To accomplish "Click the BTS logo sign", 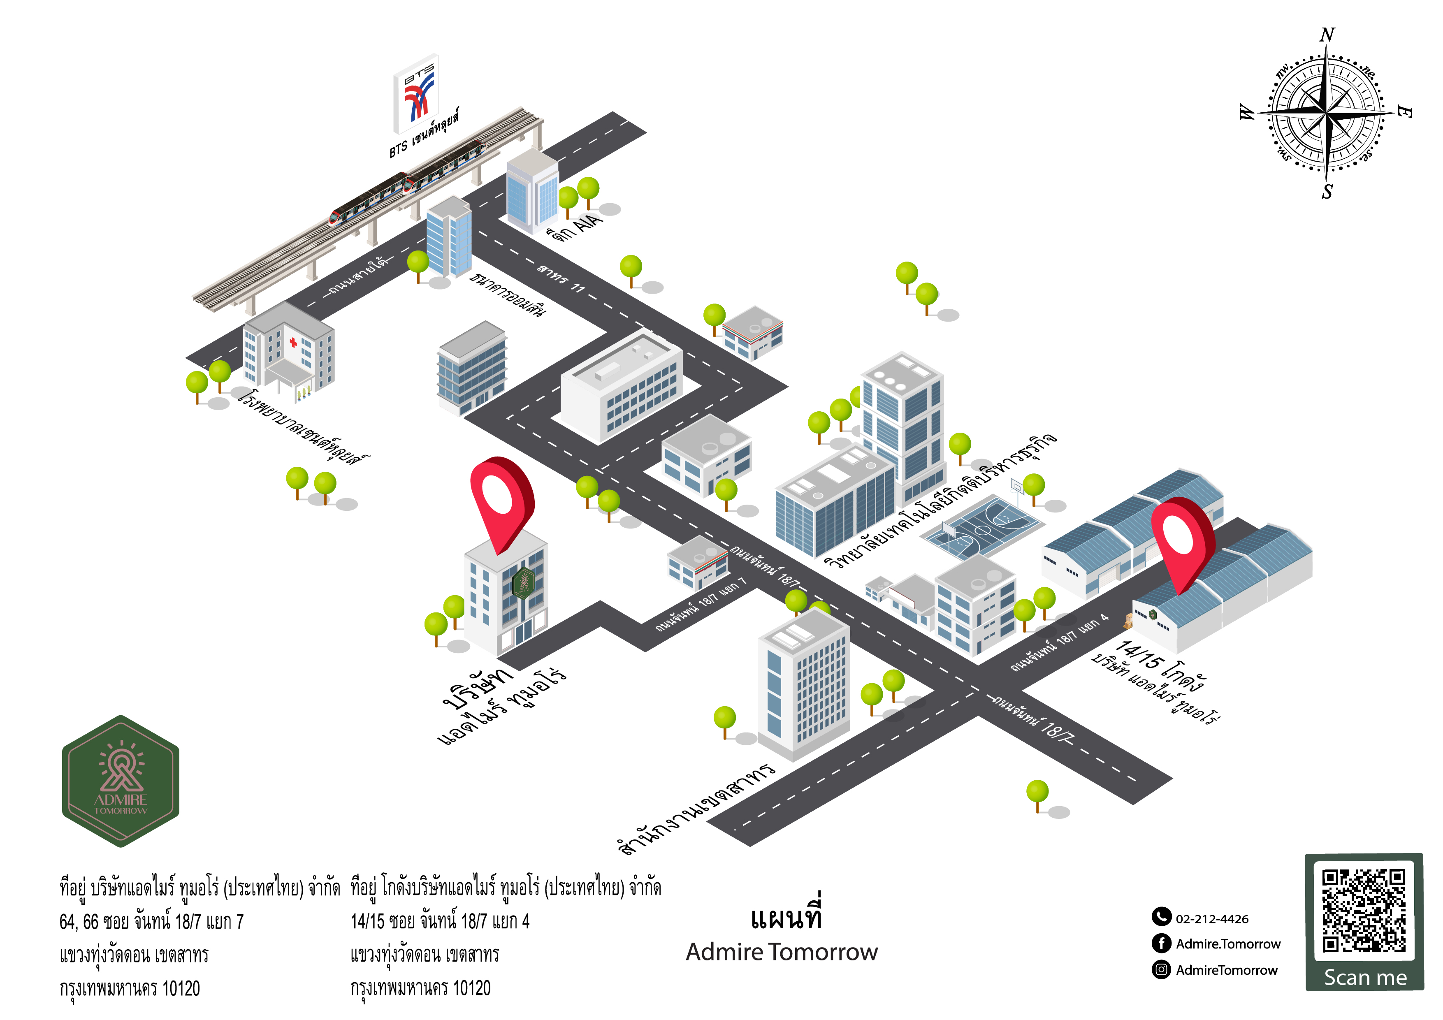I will tap(416, 94).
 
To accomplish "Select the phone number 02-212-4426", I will tap(1212, 919).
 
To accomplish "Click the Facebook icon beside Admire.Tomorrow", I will tap(1161, 943).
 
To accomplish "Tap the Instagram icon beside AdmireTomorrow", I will tap(1161, 970).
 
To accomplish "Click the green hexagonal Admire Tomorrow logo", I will tap(121, 781).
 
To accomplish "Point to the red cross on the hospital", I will tap(293, 343).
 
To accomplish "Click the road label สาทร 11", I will tap(561, 278).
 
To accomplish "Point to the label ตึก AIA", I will tap(575, 227).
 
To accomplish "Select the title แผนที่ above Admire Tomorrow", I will tap(786, 918).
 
